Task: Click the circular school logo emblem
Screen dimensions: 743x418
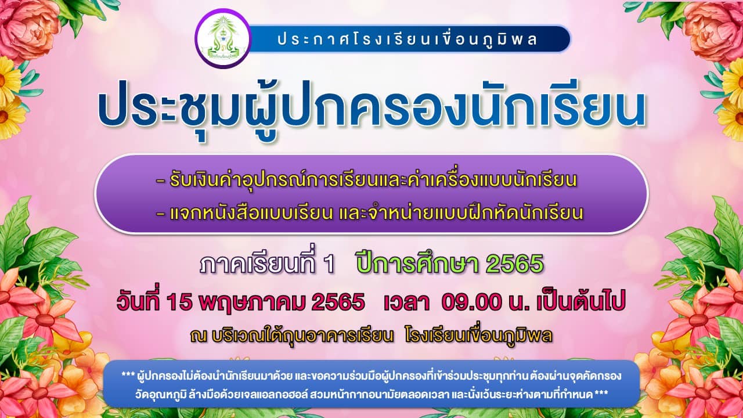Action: point(223,38)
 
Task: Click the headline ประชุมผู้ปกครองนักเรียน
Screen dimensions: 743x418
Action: point(372,110)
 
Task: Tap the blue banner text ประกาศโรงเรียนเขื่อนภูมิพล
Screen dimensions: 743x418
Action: point(407,39)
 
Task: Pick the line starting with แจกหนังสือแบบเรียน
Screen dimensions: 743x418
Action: point(370,212)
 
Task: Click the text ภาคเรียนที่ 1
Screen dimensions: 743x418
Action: point(267,263)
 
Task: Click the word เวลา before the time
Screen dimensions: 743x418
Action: point(406,302)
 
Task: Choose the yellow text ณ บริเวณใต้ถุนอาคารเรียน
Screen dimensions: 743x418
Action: point(291,336)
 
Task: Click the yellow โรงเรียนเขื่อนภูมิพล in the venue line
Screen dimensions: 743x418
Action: point(478,336)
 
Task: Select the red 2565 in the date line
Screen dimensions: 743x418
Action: point(338,302)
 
